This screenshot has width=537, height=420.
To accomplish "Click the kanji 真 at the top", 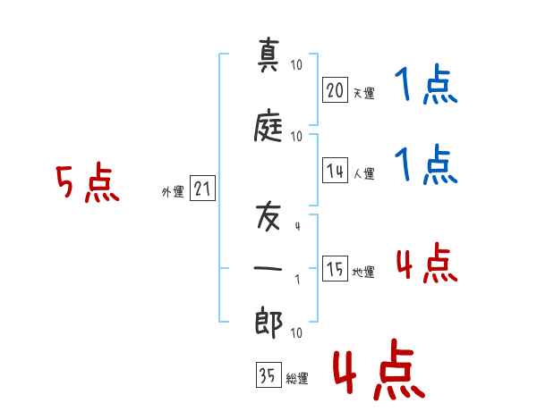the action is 268,55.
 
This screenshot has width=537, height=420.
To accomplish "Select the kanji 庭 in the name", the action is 268,125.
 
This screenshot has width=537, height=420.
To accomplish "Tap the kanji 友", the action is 268,216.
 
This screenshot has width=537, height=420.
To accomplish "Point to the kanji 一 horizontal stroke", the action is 268,268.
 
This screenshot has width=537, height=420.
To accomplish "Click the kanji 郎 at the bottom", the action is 268,323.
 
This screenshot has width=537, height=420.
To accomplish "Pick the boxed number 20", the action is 336,90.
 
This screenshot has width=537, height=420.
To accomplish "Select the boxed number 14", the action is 336,171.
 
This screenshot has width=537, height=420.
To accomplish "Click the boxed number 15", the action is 336,268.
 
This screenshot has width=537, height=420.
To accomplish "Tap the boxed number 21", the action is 202,189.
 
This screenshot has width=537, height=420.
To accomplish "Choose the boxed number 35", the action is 268,374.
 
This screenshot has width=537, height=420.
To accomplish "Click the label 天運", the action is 364,93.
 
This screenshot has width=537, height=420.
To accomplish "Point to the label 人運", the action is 364,173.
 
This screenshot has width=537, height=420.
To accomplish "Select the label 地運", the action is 363,273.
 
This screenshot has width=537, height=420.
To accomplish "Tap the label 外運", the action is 173,192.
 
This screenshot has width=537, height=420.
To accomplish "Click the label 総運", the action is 297,378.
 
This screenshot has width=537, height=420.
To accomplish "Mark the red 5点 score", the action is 88,182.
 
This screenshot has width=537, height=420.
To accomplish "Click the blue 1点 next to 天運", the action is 426,84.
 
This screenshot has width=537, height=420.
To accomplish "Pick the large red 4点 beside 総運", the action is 379,369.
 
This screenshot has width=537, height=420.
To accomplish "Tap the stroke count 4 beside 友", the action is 298,226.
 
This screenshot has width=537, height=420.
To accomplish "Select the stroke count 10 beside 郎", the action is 296,332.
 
